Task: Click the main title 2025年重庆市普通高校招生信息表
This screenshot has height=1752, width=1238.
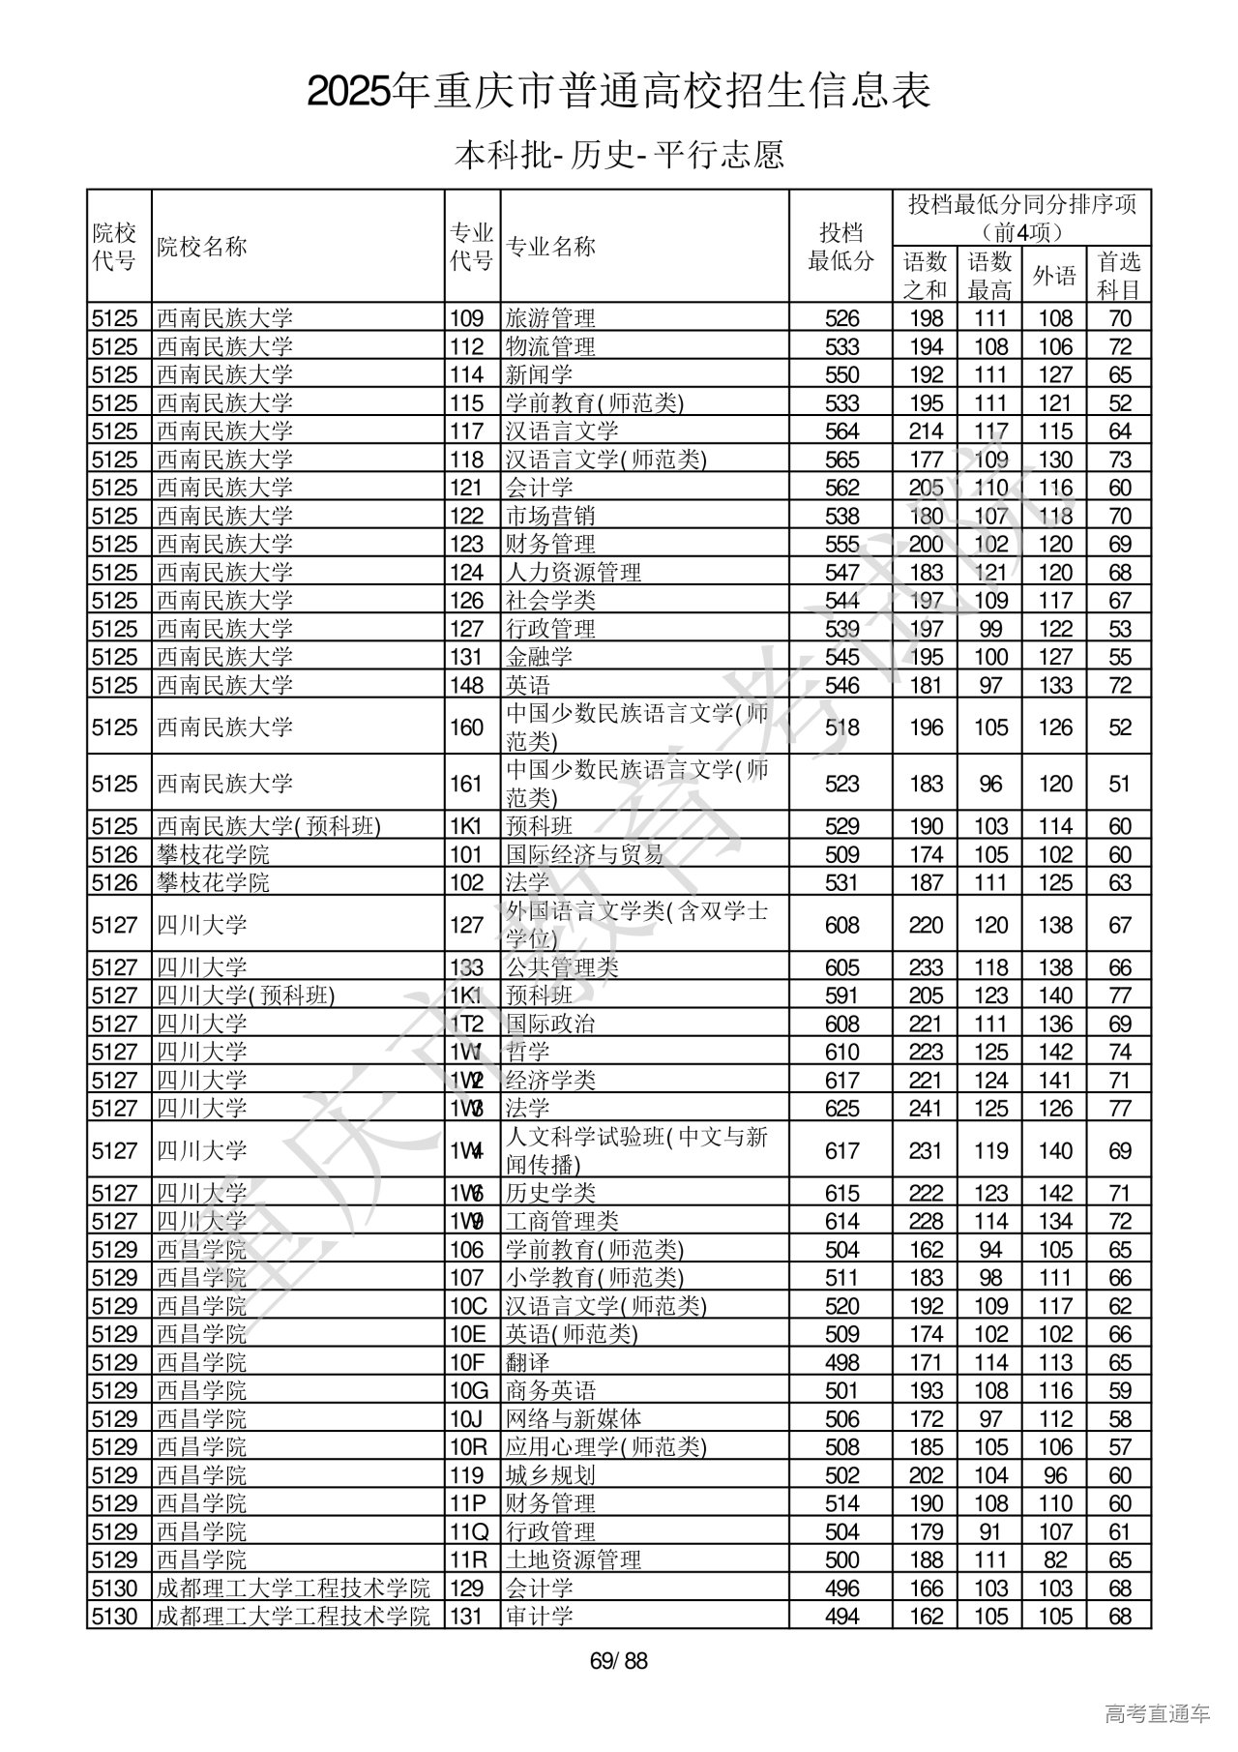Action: [619, 92]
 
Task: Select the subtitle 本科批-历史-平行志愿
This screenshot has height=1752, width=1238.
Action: [619, 155]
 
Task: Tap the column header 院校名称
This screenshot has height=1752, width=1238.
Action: [202, 247]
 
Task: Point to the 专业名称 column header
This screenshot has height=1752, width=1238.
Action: [551, 247]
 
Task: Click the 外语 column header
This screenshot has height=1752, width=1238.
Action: [1054, 276]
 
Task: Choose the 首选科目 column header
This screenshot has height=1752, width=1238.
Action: [1119, 276]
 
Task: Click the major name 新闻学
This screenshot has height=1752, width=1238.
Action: [539, 374]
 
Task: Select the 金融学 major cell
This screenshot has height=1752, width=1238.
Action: [539, 657]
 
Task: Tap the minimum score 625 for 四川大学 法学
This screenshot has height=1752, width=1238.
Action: [841, 1109]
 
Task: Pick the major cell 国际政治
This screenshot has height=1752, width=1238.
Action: [550, 1024]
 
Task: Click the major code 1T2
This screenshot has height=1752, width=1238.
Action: [466, 1024]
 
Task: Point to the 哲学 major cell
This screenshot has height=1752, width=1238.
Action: [527, 1052]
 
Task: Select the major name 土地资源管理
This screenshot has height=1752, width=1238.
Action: [574, 1559]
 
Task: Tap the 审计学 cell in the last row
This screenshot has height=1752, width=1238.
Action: [539, 1616]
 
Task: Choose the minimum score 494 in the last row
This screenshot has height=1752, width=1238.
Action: [841, 1616]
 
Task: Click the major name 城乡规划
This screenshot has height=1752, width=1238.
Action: [550, 1475]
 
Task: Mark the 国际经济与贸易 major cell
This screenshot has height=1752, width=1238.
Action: [585, 854]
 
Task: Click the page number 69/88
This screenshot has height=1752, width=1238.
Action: [619, 1662]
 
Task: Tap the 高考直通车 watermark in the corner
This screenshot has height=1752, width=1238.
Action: [1157, 1714]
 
